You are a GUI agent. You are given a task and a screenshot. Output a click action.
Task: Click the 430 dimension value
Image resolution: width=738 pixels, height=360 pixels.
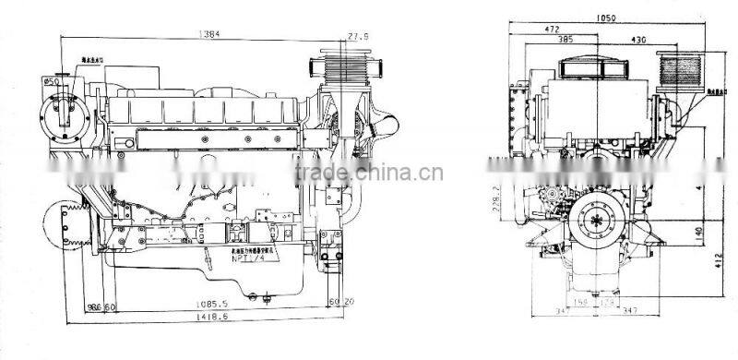[639, 40]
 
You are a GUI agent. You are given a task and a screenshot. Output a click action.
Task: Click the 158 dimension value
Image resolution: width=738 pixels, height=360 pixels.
[580, 301]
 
